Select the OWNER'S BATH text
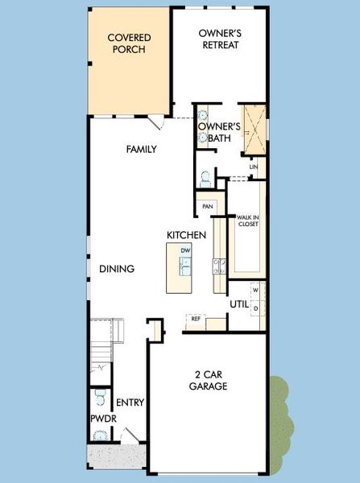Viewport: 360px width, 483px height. pyautogui.click(x=220, y=132)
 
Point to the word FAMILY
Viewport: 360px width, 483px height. pyautogui.click(x=141, y=149)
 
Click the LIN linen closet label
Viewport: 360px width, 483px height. pyautogui.click(x=253, y=167)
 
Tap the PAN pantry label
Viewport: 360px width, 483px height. pyautogui.click(x=208, y=206)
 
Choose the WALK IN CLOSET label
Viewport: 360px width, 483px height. pyautogui.click(x=247, y=221)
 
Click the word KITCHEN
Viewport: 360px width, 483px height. pyautogui.click(x=187, y=234)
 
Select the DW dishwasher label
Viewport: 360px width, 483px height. pyautogui.click(x=186, y=251)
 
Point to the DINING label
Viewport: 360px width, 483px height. pyautogui.click(x=117, y=269)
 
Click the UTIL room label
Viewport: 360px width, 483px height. pyautogui.click(x=239, y=304)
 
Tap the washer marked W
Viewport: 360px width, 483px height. pyautogui.click(x=256, y=289)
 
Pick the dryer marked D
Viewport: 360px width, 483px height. pyautogui.click(x=256, y=308)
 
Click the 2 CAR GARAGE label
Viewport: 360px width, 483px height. pyautogui.click(x=209, y=380)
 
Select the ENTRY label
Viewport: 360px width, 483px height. pyautogui.click(x=130, y=402)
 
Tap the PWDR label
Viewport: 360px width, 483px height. pyautogui.click(x=101, y=419)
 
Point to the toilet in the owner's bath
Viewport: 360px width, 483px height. pyautogui.click(x=205, y=177)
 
